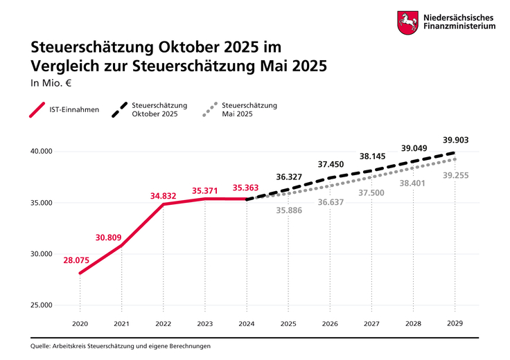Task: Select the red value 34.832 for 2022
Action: click(x=165, y=196)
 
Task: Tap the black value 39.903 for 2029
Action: click(x=455, y=140)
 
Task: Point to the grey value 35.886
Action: click(x=288, y=210)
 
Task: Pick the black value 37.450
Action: click(x=330, y=164)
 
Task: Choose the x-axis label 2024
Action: click(x=247, y=323)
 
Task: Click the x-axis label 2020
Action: click(x=80, y=323)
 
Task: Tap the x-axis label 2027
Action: click(x=371, y=323)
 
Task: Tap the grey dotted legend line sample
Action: click(x=211, y=110)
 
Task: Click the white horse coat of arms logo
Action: click(x=406, y=22)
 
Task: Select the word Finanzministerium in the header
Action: click(x=458, y=27)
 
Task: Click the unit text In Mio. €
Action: click(x=51, y=84)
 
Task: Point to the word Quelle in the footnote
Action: click(x=41, y=345)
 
